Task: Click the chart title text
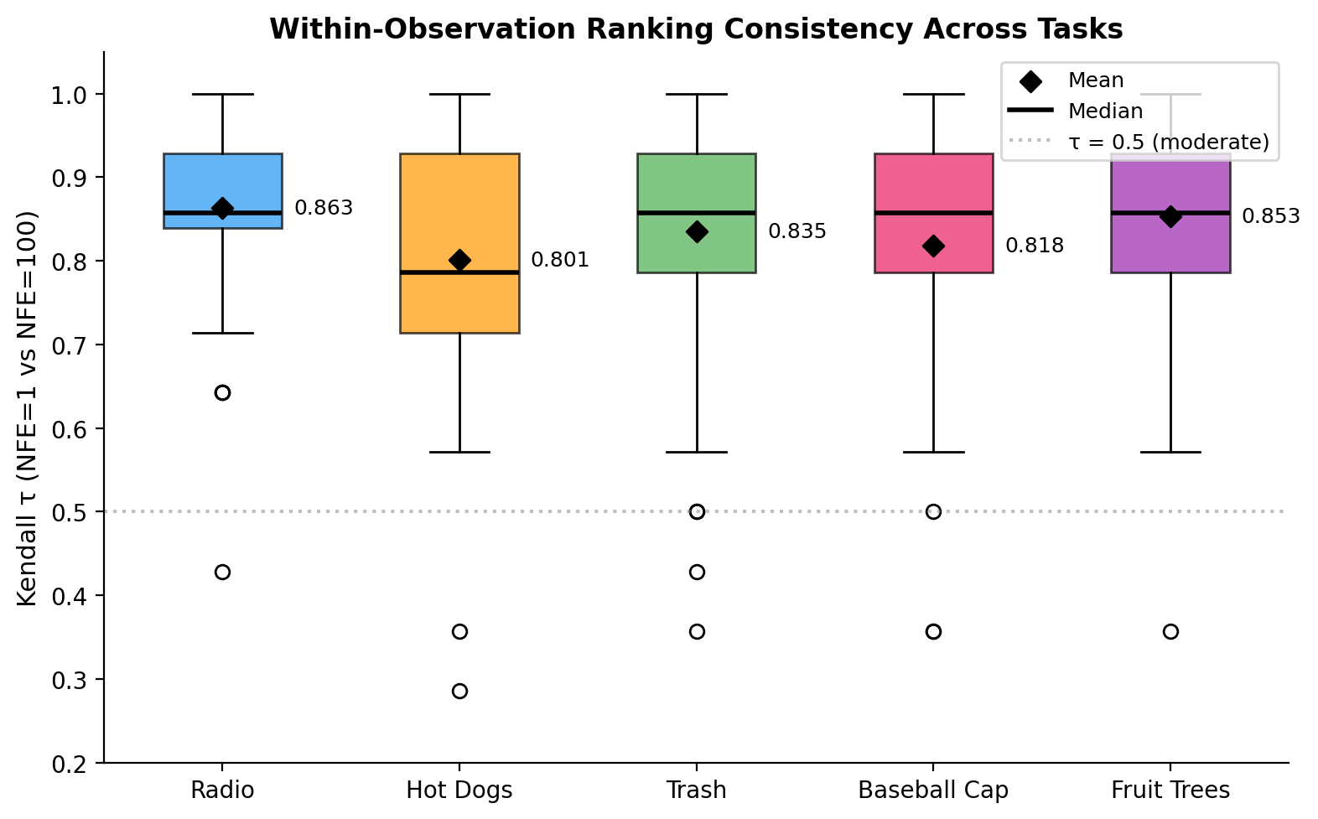(x=695, y=29)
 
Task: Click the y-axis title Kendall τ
(x=27, y=408)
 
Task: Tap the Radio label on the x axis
(x=222, y=790)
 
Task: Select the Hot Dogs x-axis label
(x=459, y=790)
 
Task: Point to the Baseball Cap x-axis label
(x=933, y=790)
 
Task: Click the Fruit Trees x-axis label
(x=1170, y=790)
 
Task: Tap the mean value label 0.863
(x=324, y=208)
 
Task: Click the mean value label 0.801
(x=560, y=260)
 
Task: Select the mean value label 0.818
(x=1034, y=246)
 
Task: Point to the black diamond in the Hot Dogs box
(x=459, y=260)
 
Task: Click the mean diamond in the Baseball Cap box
(x=933, y=246)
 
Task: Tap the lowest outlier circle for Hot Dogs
(x=459, y=691)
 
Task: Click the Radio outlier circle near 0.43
(x=222, y=572)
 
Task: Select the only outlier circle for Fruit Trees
(x=1170, y=631)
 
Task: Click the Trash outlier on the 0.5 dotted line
(x=697, y=511)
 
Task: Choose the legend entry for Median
(x=1105, y=111)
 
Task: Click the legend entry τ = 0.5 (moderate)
(x=1168, y=143)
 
